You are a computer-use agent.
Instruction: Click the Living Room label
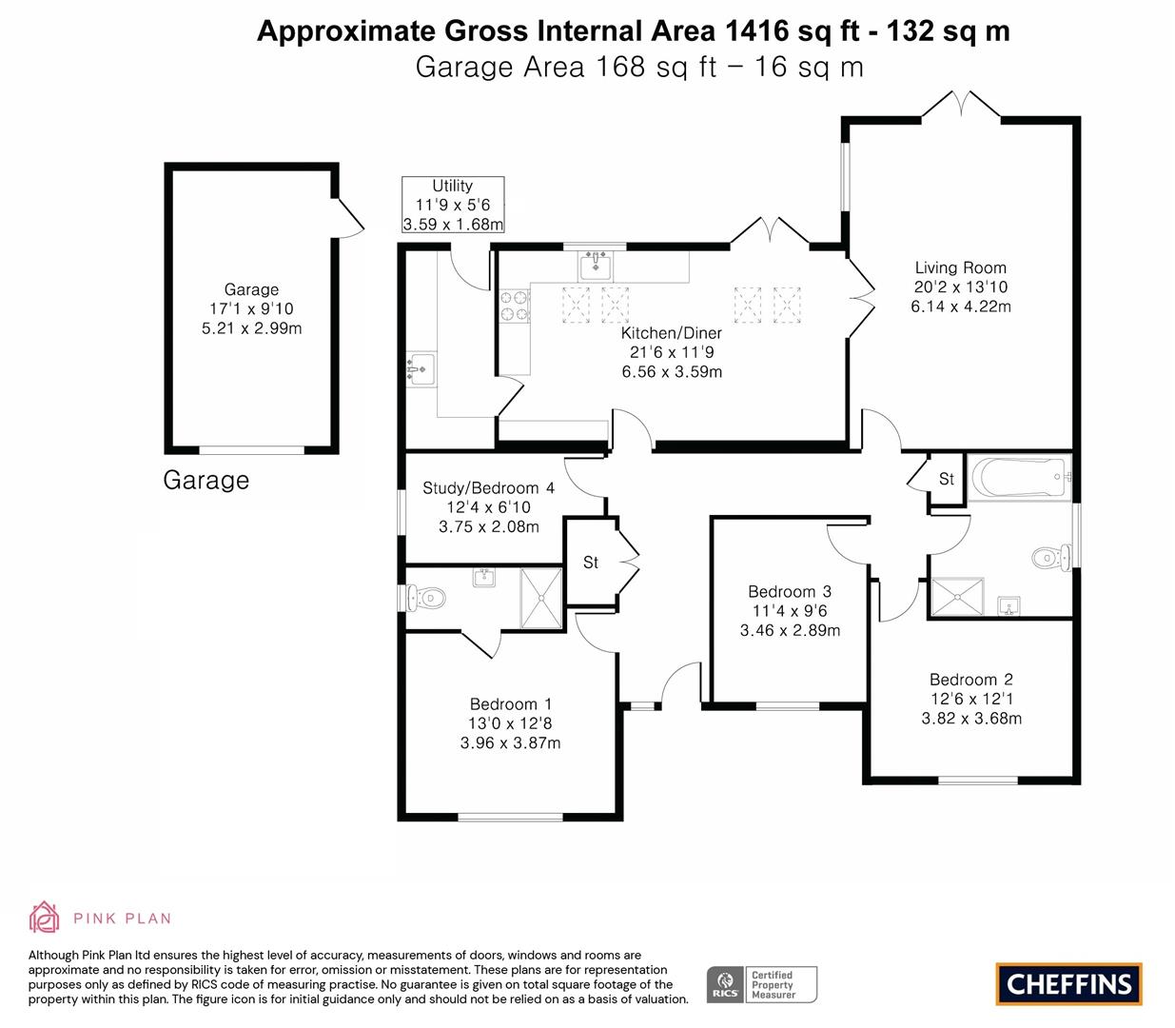(x=960, y=268)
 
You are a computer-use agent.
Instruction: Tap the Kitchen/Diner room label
(x=671, y=333)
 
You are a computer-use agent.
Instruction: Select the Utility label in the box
(x=452, y=187)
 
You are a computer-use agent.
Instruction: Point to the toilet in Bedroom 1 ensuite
(x=423, y=598)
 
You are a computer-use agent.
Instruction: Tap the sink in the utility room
(x=420, y=367)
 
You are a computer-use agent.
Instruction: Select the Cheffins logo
(x=1068, y=983)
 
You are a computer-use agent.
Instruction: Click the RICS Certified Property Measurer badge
(x=761, y=984)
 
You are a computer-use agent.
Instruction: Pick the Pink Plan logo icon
(x=45, y=918)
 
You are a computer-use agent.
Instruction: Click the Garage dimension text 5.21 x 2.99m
(x=251, y=328)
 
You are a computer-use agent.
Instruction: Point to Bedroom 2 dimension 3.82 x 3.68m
(x=971, y=719)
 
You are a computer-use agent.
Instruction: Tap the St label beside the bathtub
(x=946, y=479)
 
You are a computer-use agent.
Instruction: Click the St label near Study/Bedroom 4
(x=591, y=563)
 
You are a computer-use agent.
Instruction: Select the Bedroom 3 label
(x=789, y=591)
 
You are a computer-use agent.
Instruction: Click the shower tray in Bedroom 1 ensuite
(x=541, y=598)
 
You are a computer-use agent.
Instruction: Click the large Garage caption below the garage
(x=206, y=480)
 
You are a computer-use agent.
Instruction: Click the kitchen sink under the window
(x=596, y=264)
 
